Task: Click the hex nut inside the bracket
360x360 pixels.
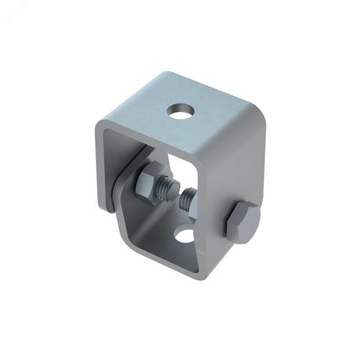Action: click(148, 185)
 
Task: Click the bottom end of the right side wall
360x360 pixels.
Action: click(235, 266)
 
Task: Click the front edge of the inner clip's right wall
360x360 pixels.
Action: click(205, 235)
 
